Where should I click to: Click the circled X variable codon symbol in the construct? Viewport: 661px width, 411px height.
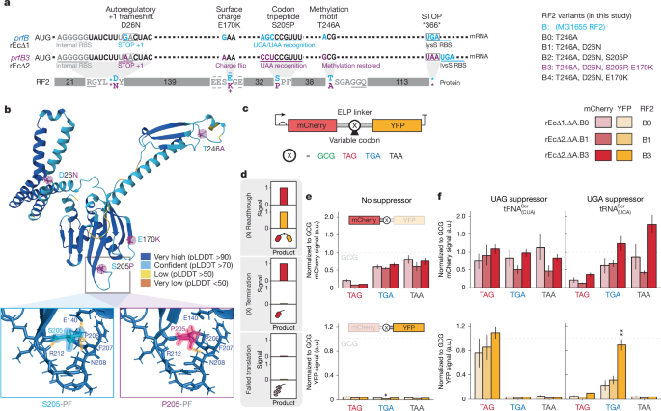click(x=328, y=126)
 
